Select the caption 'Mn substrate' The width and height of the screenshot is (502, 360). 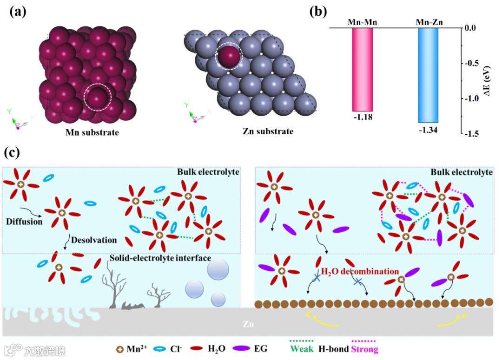point(92,132)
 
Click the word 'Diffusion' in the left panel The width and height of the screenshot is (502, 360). point(24,222)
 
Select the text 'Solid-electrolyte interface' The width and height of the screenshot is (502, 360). point(160,258)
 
